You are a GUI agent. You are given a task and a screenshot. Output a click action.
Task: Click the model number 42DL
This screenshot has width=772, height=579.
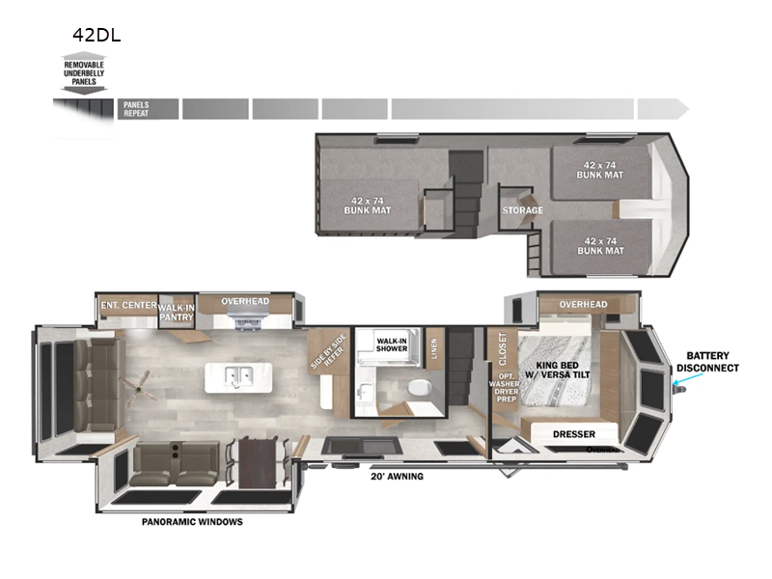96,36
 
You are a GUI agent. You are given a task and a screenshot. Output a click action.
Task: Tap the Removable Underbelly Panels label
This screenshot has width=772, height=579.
84,72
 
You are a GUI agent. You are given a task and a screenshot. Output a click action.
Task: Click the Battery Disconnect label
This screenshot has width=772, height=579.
707,361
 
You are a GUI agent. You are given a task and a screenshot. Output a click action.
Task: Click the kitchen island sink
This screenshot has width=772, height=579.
236,375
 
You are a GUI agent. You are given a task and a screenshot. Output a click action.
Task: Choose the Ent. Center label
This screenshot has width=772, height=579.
127,306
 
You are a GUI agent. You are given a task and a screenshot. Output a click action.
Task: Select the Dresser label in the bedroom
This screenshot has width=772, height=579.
573,434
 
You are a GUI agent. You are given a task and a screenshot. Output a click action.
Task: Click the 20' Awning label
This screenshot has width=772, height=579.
396,476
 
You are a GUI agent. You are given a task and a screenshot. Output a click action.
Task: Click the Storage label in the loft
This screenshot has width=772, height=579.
522,209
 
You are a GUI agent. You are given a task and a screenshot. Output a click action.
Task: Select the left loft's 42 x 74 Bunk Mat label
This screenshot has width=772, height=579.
368,204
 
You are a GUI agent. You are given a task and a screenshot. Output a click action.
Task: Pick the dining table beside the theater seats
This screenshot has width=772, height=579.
257,460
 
